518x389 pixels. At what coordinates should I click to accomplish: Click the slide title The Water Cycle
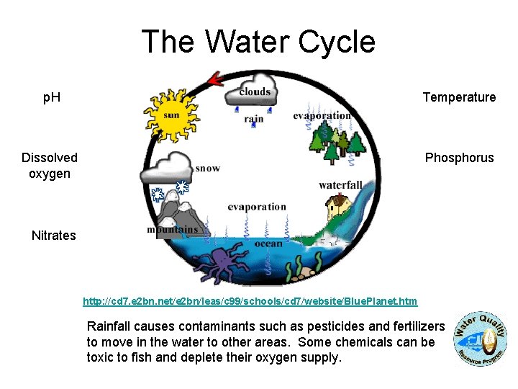[258, 42]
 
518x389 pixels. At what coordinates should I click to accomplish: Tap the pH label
[51, 97]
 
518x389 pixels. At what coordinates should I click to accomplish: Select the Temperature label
[459, 97]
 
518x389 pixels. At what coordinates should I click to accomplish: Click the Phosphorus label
[459, 158]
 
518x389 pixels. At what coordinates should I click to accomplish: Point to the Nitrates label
[54, 236]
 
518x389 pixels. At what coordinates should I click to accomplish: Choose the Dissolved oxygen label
[50, 166]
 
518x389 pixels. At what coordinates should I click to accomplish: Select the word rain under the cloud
[254, 119]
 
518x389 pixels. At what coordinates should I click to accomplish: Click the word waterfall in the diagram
[340, 185]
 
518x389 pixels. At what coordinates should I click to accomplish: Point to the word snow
[207, 168]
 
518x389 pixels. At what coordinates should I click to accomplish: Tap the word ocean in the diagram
[268, 243]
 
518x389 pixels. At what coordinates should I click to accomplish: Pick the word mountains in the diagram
[172, 230]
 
